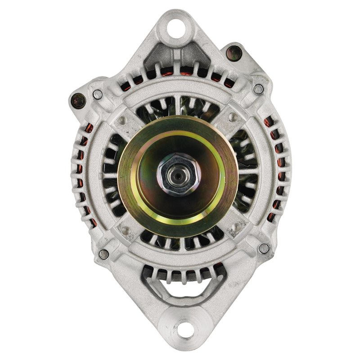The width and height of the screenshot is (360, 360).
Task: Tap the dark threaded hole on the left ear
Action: point(79,100)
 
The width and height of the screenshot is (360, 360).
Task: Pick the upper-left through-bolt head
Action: point(97,94)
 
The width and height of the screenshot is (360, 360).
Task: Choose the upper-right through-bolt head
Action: point(258,89)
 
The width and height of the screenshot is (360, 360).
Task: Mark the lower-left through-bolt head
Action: point(103,254)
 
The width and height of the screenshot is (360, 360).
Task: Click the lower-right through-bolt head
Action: point(264,248)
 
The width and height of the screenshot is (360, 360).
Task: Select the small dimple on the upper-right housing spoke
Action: point(233,118)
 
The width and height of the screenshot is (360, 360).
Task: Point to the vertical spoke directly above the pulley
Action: point(179,106)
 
